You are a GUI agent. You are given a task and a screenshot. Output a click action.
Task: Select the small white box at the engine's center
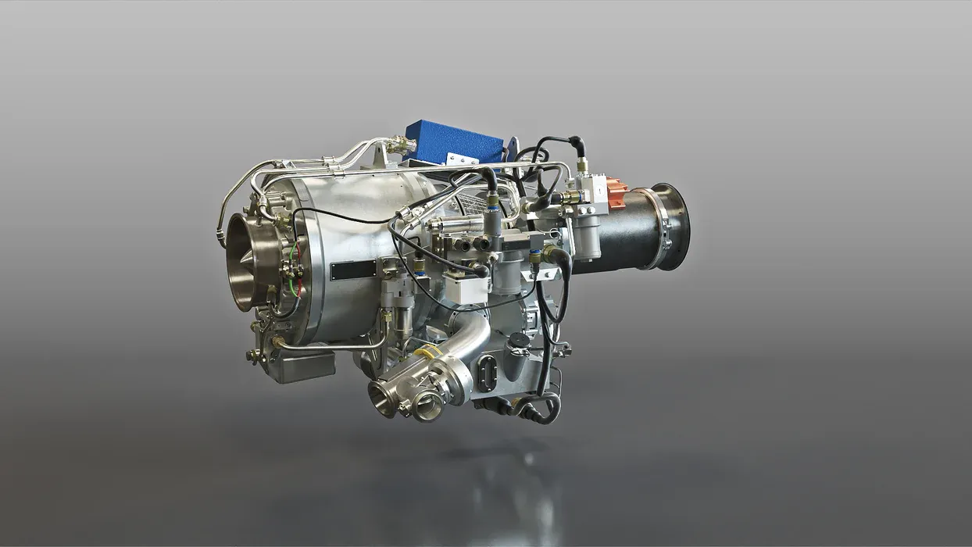tap(466, 289)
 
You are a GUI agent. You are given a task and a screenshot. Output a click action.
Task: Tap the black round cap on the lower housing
tap(519, 341)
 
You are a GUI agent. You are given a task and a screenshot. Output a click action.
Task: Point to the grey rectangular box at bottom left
tap(302, 366)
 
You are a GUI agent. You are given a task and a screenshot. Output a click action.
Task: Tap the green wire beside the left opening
tap(292, 258)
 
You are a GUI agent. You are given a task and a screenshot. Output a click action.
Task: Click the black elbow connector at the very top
tap(576, 145)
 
